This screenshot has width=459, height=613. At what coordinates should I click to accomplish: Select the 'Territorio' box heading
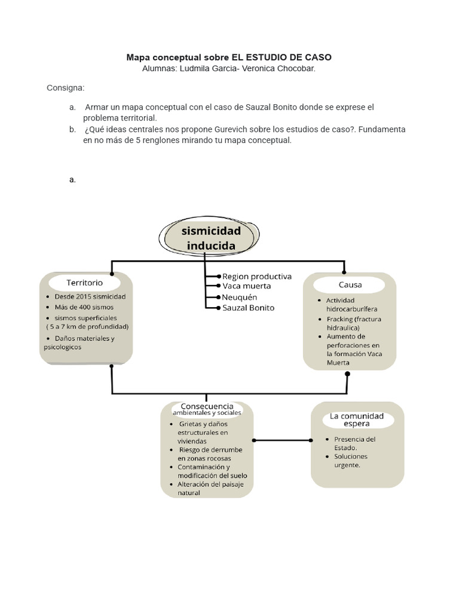point(84,282)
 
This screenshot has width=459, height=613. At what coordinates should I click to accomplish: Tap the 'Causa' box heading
point(350,285)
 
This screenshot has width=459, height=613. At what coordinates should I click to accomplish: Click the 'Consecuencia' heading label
point(207,406)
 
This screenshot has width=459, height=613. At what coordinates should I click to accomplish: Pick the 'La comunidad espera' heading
point(357,420)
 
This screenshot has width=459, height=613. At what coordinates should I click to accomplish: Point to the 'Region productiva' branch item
point(256,277)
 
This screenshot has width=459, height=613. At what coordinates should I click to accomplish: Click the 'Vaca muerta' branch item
point(246,286)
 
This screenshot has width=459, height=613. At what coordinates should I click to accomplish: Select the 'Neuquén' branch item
point(240,297)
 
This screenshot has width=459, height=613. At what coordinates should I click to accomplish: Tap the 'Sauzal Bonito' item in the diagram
point(248,308)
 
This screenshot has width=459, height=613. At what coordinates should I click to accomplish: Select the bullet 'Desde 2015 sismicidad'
point(90,296)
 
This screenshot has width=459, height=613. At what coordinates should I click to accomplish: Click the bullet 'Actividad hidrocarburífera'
point(348,305)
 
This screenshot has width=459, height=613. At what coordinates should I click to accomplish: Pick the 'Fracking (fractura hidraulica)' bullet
point(353,323)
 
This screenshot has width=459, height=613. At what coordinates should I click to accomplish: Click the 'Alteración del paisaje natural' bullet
point(206,488)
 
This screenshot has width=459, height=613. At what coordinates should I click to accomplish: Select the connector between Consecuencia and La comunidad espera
point(282,440)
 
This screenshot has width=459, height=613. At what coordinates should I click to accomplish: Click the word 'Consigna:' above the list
point(66,88)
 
